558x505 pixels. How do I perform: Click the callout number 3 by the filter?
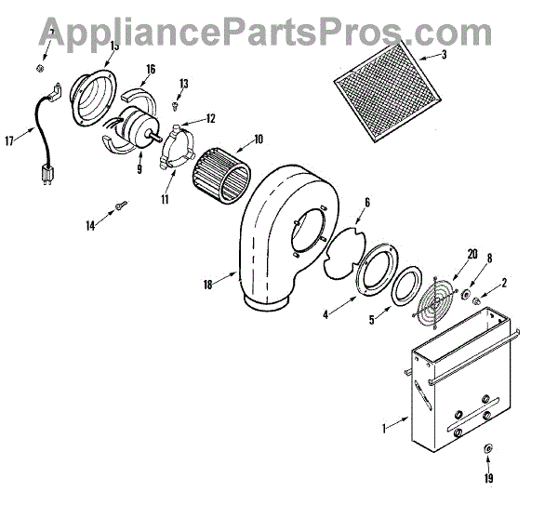point(444,55)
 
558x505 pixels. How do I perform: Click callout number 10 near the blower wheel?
point(258,140)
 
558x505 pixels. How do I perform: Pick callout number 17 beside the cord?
point(10,141)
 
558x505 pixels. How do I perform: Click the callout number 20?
point(447,254)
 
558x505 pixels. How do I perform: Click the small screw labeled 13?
point(173,106)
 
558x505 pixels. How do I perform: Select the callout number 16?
point(151,68)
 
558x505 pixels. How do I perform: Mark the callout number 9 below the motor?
point(139,170)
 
